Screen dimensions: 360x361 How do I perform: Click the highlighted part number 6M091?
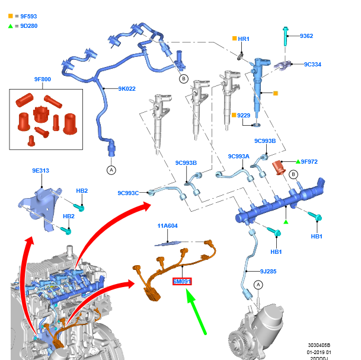[182, 282]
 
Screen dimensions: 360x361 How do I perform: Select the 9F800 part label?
[42, 79]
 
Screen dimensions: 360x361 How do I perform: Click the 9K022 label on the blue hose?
[127, 89]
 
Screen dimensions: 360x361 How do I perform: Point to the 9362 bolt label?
[306, 36]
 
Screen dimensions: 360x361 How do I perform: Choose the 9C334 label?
[312, 64]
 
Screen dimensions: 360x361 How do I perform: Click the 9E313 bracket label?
[40, 171]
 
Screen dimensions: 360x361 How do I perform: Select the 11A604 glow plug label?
[167, 226]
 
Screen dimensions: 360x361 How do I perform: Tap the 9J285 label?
[269, 271]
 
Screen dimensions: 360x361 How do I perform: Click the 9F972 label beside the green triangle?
[309, 161]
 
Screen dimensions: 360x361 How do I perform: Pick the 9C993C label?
[128, 193]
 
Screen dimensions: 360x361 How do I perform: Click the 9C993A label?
[239, 157]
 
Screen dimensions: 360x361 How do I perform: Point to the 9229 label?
[244, 115]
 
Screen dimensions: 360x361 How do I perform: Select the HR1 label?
[244, 39]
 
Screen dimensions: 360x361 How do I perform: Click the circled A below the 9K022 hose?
[111, 170]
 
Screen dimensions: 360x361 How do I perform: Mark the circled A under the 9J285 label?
[258, 285]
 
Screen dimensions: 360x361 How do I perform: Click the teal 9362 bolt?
[286, 37]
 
